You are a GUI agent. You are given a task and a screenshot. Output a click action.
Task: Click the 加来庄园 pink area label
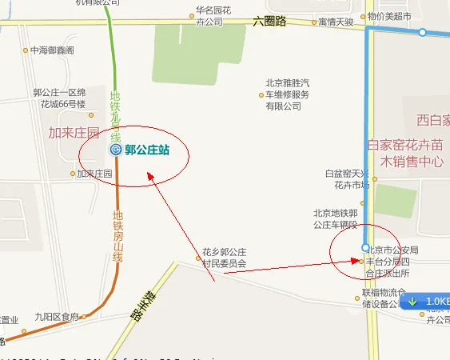click(x=74, y=133)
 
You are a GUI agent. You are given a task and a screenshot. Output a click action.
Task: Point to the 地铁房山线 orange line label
click(x=117, y=237)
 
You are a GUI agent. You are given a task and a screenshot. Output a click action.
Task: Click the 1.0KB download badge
click(x=428, y=302)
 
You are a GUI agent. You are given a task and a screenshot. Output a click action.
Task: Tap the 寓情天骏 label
click(x=335, y=22)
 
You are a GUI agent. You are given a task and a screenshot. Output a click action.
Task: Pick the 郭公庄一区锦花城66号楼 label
click(x=59, y=98)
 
